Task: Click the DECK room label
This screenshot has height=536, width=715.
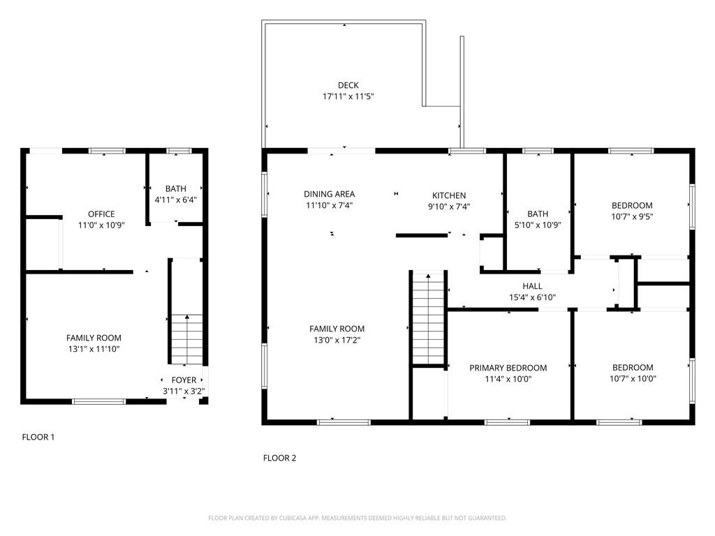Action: (348, 86)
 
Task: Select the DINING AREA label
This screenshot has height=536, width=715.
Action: (330, 194)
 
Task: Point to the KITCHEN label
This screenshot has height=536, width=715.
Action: (449, 195)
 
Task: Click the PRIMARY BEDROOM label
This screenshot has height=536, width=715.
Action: (508, 368)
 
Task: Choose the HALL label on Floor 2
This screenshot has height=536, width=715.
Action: (532, 286)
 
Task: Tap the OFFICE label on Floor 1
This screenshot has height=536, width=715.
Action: (101, 214)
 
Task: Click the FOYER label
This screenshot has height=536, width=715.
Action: (184, 380)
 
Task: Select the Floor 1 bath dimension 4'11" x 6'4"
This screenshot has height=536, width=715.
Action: (176, 200)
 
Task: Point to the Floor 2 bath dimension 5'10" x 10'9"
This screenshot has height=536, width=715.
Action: (538, 225)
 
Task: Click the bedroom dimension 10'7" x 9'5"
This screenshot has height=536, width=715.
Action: (632, 216)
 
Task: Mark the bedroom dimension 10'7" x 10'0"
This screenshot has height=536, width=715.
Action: (633, 379)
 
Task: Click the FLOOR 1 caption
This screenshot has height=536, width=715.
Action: (38, 437)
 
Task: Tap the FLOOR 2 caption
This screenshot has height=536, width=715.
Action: (280, 458)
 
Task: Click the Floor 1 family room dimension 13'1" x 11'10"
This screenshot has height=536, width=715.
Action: (94, 349)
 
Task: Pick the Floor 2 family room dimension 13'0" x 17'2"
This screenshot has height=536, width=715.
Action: (337, 340)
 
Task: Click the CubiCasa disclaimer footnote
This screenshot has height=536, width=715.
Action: (357, 518)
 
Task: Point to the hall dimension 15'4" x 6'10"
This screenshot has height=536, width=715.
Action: (532, 297)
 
